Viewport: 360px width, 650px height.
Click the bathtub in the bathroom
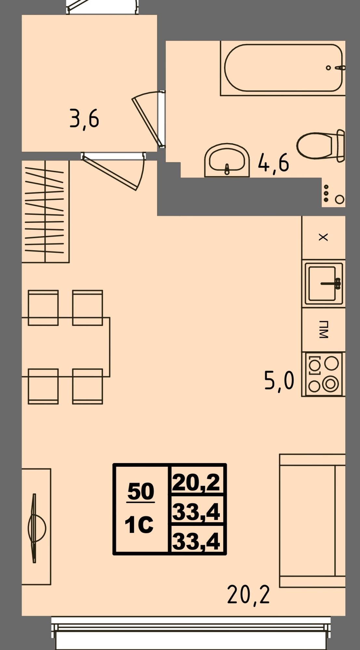click(283, 68)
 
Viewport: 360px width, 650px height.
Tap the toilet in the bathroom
click(321, 146)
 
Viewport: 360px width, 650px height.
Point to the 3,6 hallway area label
click(84, 119)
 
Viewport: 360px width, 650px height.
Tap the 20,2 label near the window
click(248, 594)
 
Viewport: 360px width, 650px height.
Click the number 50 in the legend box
click(141, 491)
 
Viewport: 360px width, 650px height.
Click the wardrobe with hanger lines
click(46, 211)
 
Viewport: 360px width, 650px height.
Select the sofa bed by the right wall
click(313, 521)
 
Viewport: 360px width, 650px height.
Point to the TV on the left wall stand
click(34, 528)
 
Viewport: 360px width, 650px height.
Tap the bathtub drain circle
click(328, 68)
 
